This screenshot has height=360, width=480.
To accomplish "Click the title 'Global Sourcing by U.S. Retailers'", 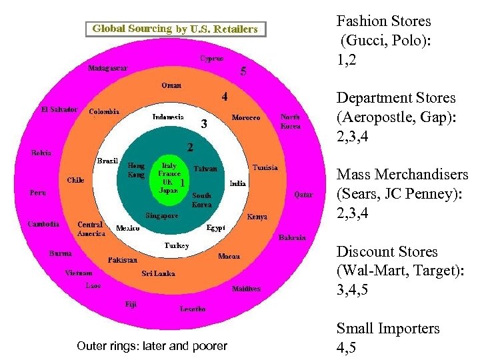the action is (175, 29).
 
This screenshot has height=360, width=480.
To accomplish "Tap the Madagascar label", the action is (108, 67).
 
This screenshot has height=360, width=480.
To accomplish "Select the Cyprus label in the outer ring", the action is (212, 58).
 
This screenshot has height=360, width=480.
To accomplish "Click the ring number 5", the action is (243, 71).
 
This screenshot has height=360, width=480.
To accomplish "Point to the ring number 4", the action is (225, 97).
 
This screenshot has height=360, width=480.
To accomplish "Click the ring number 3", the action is (204, 124).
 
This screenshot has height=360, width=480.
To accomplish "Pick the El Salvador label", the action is (59, 109).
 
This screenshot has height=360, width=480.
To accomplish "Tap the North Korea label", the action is (290, 121).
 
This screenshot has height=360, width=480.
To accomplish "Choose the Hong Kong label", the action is (136, 170).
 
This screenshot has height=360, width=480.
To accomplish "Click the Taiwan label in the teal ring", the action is (205, 169).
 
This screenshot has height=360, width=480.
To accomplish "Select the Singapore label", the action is (162, 215).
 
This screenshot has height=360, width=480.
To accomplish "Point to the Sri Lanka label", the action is (158, 273).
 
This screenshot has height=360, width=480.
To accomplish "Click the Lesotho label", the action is (193, 309).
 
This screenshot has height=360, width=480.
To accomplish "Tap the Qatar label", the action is (303, 195).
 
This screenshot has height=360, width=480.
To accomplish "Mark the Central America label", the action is (91, 229).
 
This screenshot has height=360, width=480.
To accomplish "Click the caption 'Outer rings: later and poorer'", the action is (152, 346).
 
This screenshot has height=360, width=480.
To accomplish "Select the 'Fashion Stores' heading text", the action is (383, 21).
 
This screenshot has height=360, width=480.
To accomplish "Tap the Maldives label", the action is (246, 289).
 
